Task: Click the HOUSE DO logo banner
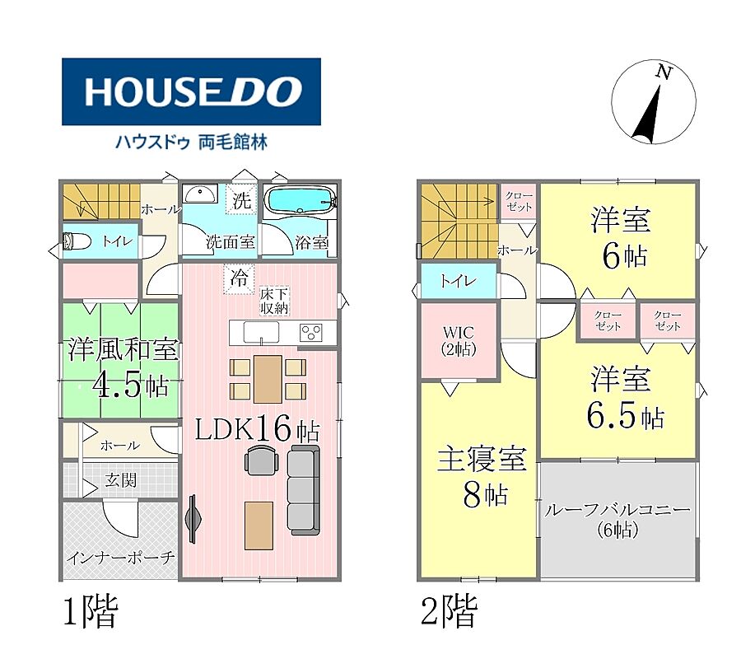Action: (191, 91)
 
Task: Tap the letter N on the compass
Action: (664, 72)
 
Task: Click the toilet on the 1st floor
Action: (77, 241)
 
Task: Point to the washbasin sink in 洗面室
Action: (200, 194)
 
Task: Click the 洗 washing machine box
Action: (241, 200)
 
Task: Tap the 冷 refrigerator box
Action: (239, 278)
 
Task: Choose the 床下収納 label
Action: (274, 301)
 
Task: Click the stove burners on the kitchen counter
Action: (311, 332)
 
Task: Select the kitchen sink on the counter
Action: (261, 332)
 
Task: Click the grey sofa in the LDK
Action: (303, 490)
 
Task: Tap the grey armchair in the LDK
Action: (260, 460)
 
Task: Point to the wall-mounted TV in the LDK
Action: (193, 519)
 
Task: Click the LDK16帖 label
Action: (258, 429)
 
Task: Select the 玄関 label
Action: (121, 480)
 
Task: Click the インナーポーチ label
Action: (120, 558)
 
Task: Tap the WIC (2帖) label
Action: (459, 341)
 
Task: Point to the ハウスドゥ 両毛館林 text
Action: (192, 142)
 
